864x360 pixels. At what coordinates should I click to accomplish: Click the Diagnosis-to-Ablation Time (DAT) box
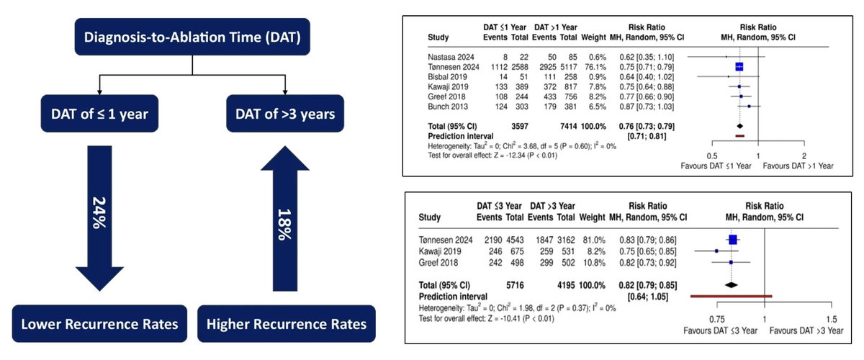click(x=192, y=37)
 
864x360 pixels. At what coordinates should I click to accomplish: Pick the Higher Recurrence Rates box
click(x=287, y=324)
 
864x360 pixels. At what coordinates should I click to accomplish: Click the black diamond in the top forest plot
click(x=740, y=125)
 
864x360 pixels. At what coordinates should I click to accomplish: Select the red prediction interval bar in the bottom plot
click(x=731, y=295)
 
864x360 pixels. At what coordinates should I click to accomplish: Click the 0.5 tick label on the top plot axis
click(x=711, y=156)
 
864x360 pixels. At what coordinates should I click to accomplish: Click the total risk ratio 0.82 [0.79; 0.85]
click(x=644, y=284)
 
